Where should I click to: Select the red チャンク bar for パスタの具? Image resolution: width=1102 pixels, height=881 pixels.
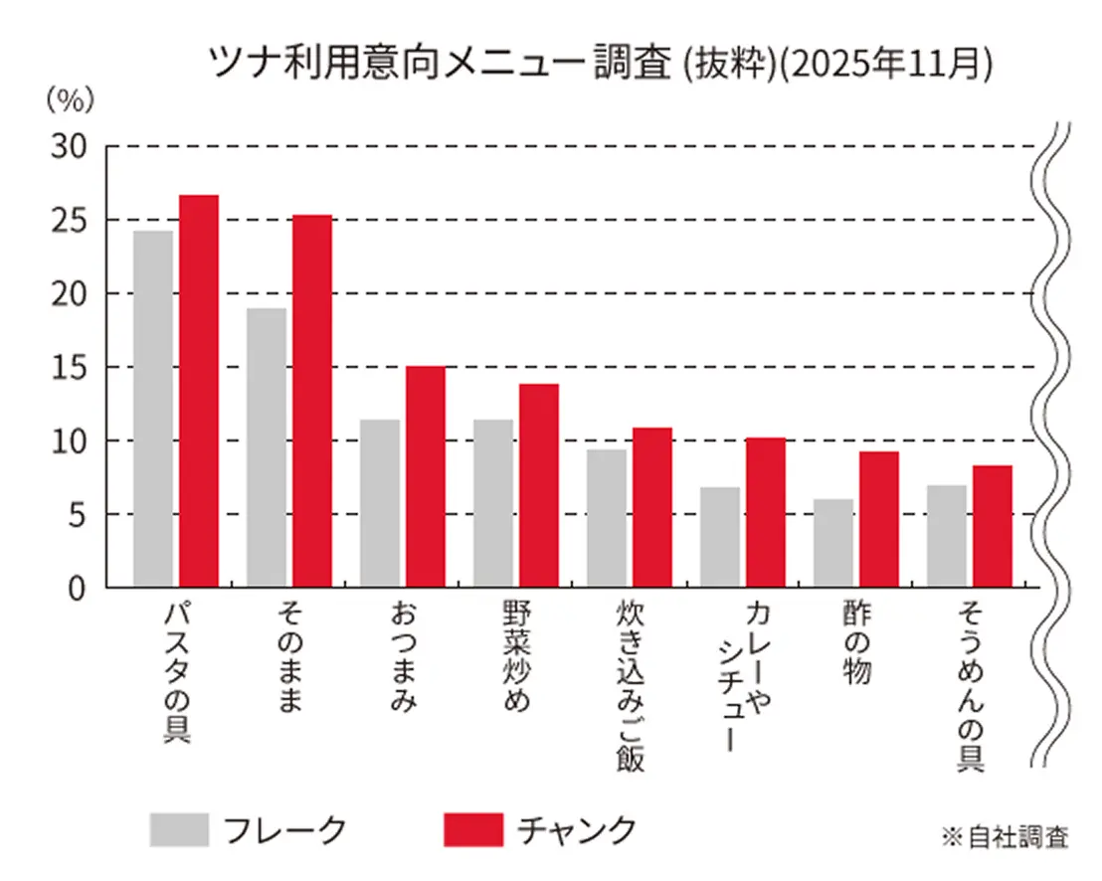(199, 391)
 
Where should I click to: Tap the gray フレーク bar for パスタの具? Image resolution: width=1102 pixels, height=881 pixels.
(153, 409)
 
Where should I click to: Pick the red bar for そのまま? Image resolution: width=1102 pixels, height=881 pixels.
(312, 401)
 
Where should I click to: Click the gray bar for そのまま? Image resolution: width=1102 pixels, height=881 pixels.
(267, 447)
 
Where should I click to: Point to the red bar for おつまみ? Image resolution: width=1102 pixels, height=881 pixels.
(426, 476)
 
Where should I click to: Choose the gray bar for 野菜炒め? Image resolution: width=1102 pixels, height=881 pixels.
(493, 503)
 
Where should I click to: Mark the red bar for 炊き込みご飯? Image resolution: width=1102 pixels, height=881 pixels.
(652, 507)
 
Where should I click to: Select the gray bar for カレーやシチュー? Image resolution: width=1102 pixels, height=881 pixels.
(720, 537)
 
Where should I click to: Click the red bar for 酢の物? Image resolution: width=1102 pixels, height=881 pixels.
(879, 519)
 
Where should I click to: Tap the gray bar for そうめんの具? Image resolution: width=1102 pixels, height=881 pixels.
(947, 536)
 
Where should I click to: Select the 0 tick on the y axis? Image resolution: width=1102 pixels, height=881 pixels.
(78, 588)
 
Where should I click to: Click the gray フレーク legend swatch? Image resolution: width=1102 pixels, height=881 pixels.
(180, 829)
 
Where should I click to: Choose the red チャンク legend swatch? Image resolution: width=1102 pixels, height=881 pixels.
(472, 829)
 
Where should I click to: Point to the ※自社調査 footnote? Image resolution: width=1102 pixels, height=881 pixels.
(1005, 836)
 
